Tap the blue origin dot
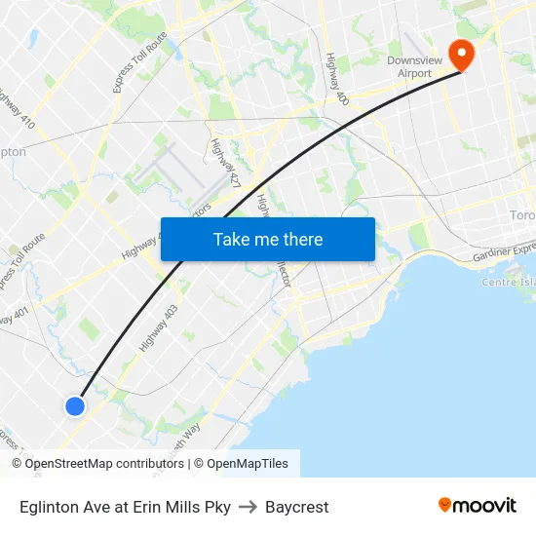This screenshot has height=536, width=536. (75, 406)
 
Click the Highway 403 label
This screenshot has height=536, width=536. (159, 327)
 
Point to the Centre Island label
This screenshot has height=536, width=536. (509, 282)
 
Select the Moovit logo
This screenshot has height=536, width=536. (477, 506)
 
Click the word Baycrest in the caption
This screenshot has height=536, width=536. (297, 507)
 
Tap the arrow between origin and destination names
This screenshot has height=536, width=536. (248, 507)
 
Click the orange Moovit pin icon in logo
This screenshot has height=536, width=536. (445, 505)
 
